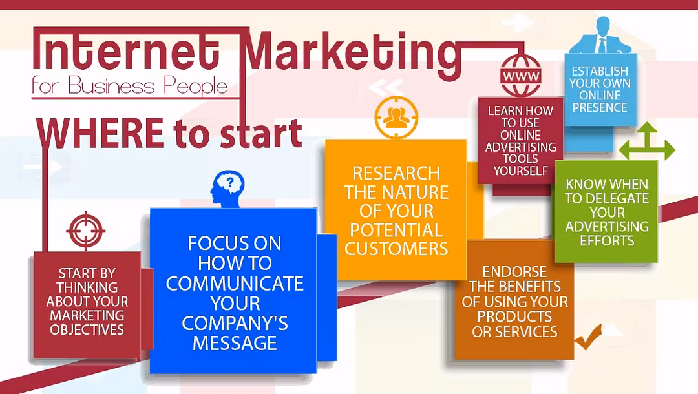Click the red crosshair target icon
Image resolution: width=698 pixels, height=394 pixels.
pos(86,231)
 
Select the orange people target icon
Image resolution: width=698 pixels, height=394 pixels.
pos(396,118)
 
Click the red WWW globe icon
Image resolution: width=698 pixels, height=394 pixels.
pos(521,76)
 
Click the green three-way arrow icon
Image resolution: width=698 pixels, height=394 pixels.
pos(647,141)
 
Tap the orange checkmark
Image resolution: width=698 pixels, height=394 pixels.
pos(589,337)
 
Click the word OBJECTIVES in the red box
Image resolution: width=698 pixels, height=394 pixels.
pos(87,329)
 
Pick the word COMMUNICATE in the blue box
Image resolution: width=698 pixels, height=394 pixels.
pos(235,284)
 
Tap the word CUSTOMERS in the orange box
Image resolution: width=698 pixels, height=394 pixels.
pos(396,249)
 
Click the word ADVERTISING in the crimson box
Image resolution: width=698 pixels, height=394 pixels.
pos(520,147)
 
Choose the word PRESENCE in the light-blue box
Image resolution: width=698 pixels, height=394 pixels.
pos(600,108)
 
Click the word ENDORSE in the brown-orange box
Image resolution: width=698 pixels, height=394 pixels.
pos(514,272)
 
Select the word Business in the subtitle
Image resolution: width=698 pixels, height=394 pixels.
pos(112,85)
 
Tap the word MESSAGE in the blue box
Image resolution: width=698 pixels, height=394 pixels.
pos(235,344)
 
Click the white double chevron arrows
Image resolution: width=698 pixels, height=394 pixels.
pos(386,88)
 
